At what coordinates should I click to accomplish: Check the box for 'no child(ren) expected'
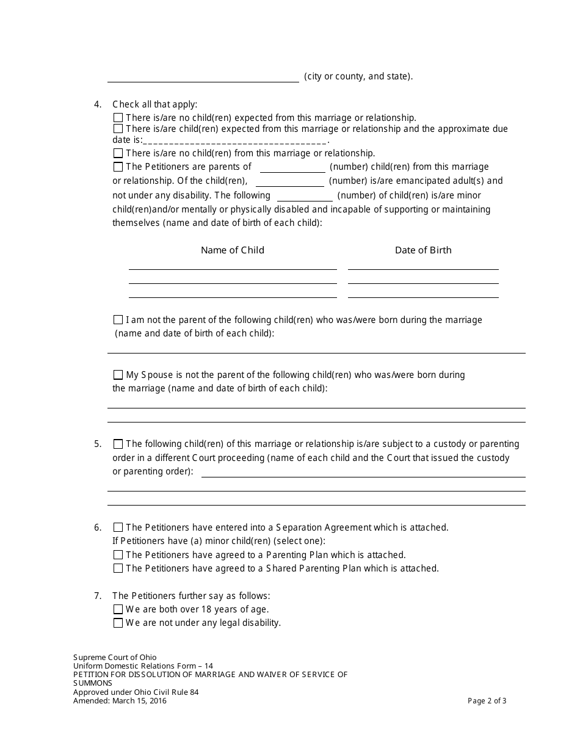pyautogui.click(x=118, y=118)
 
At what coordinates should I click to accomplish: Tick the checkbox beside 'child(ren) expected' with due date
pyautogui.click(x=118, y=129)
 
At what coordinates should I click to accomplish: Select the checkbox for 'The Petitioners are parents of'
pyautogui.click(x=118, y=167)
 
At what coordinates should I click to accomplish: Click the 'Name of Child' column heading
pyautogui.click(x=232, y=250)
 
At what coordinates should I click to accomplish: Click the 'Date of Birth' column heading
pyautogui.click(x=423, y=250)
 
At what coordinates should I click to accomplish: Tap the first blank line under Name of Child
pyautogui.click(x=233, y=268)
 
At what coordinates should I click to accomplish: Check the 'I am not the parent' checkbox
pyautogui.click(x=118, y=320)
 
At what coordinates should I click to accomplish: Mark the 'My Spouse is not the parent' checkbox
pyautogui.click(x=118, y=375)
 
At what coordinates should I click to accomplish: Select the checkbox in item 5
pyautogui.click(x=118, y=444)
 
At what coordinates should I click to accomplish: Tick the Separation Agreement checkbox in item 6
pyautogui.click(x=118, y=528)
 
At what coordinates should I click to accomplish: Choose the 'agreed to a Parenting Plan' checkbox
pyautogui.click(x=118, y=555)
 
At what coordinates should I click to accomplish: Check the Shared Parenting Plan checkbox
pyautogui.click(x=118, y=568)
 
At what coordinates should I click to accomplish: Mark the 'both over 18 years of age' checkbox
pyautogui.click(x=118, y=609)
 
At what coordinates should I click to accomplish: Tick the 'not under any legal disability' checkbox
pyautogui.click(x=118, y=623)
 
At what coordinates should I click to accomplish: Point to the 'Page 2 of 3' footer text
pyautogui.click(x=487, y=701)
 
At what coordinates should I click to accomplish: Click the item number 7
pyautogui.click(x=98, y=596)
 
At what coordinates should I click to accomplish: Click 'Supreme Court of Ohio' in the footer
pyautogui.click(x=115, y=658)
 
